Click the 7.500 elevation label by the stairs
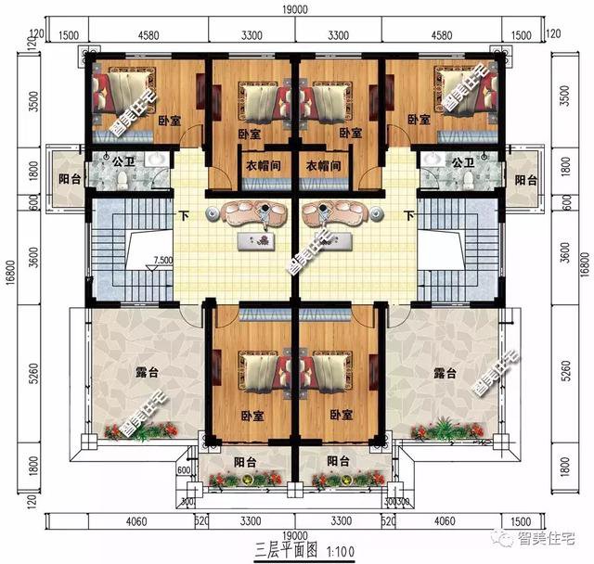[162, 261]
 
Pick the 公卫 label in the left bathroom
[123, 160]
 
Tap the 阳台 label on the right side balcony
[525, 180]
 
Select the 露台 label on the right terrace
[445, 373]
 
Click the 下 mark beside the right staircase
[408, 216]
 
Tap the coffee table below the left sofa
[256, 241]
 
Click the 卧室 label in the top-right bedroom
[419, 120]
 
